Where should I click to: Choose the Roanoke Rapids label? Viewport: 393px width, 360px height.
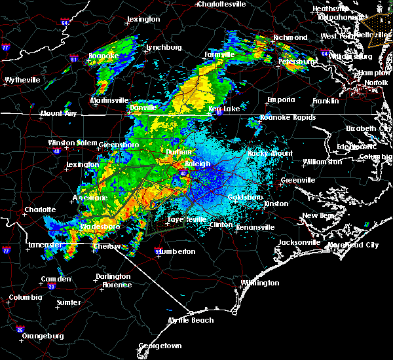[x=288, y=118]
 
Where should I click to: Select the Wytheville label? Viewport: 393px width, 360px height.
[x=22, y=80]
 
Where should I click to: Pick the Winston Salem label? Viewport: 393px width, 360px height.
[x=71, y=143]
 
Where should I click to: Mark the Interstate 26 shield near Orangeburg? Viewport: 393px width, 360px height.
[x=20, y=329]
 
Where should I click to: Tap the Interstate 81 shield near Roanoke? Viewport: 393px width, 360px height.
[x=74, y=60]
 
